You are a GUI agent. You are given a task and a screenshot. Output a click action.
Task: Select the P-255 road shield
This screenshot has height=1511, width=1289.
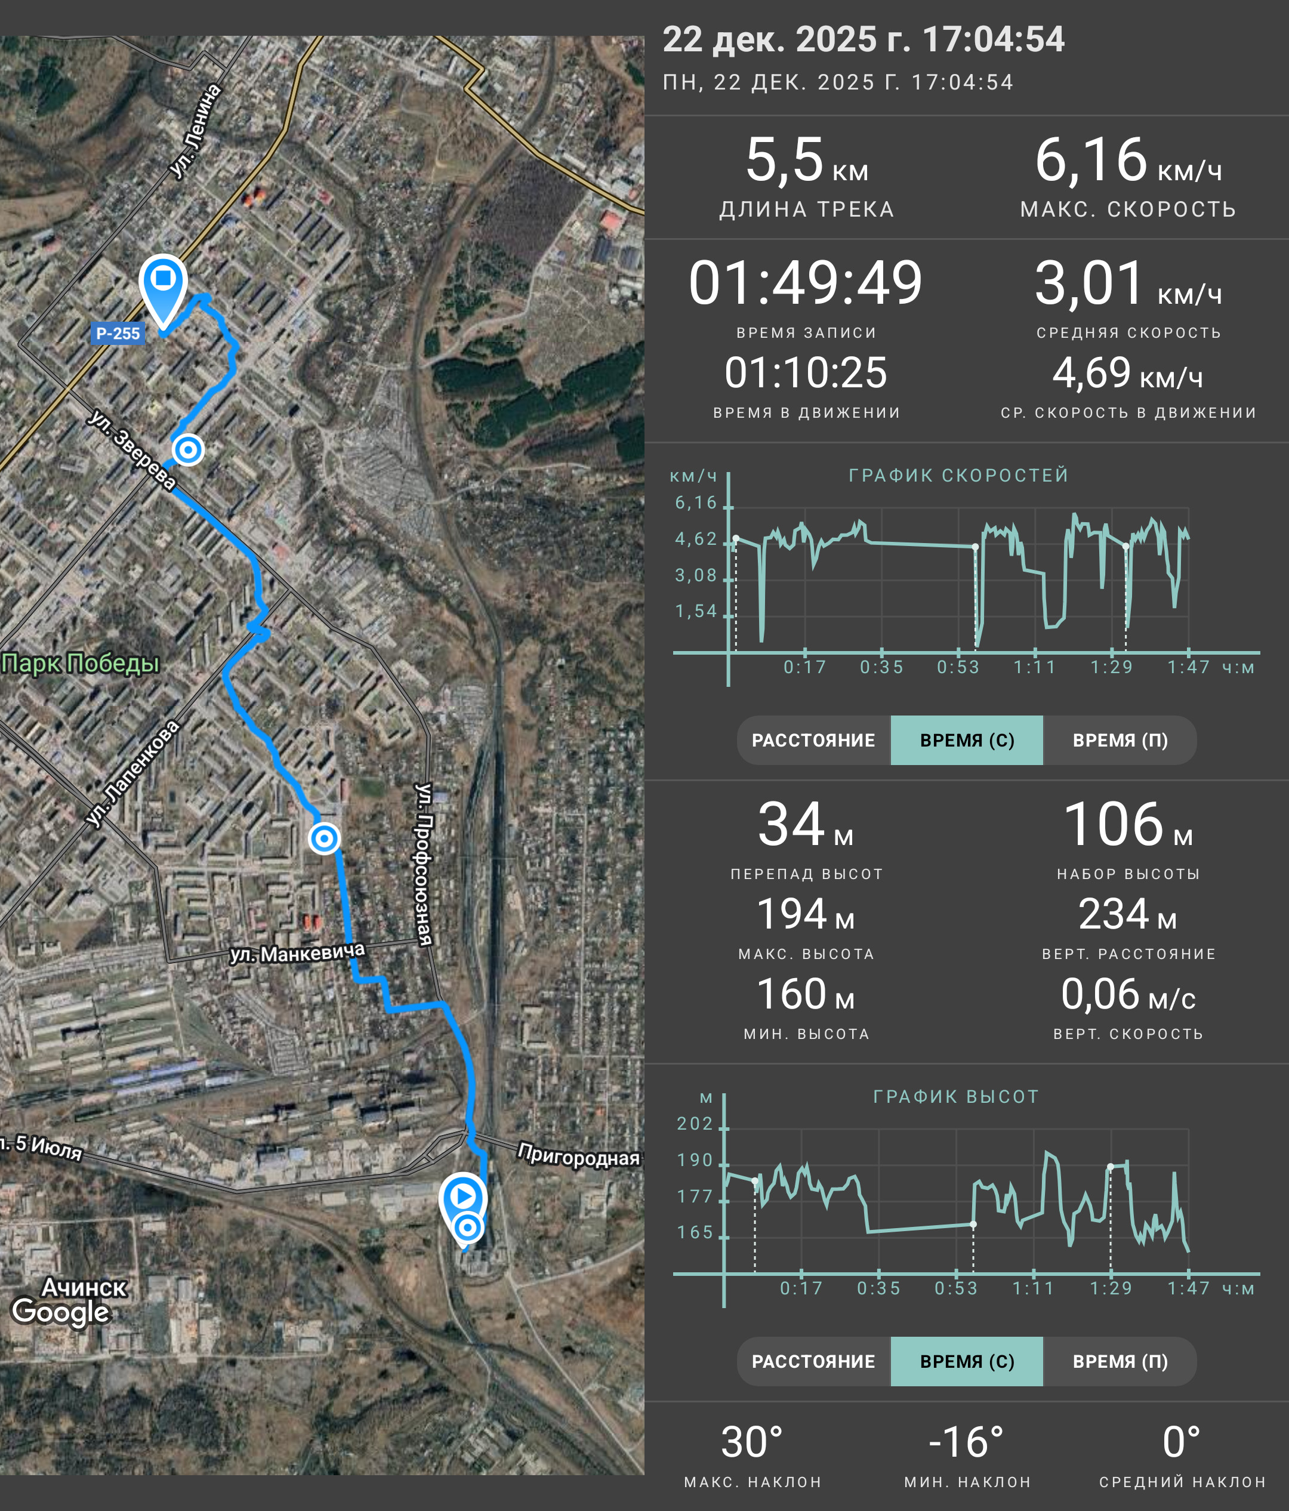click(x=118, y=334)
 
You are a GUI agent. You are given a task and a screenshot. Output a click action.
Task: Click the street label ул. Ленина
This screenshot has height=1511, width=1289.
click(x=195, y=131)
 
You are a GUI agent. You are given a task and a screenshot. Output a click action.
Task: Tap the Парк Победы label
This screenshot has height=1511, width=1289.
click(x=80, y=663)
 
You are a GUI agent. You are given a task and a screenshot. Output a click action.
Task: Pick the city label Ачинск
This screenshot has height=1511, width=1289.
click(x=85, y=1287)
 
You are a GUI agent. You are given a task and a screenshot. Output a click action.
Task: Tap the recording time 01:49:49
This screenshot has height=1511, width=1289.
click(x=806, y=283)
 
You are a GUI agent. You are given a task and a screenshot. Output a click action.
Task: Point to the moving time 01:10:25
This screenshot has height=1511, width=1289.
click(x=806, y=372)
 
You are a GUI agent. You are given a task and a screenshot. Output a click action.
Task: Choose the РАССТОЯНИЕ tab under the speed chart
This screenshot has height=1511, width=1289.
click(x=813, y=740)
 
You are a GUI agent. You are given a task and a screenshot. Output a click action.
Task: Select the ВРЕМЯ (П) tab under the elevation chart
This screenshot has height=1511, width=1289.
click(x=1120, y=1361)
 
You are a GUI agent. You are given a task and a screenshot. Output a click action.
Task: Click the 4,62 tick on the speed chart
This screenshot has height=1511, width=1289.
click(x=696, y=539)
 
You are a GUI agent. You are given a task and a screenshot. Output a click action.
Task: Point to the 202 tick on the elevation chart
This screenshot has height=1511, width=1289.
click(x=695, y=1124)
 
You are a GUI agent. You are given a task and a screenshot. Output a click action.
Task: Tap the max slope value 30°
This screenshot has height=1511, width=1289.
click(x=753, y=1442)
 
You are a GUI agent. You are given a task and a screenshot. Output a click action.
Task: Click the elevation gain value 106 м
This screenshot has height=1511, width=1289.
click(x=1128, y=825)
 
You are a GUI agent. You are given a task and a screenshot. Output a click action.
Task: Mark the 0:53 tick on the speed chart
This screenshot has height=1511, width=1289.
click(x=958, y=667)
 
